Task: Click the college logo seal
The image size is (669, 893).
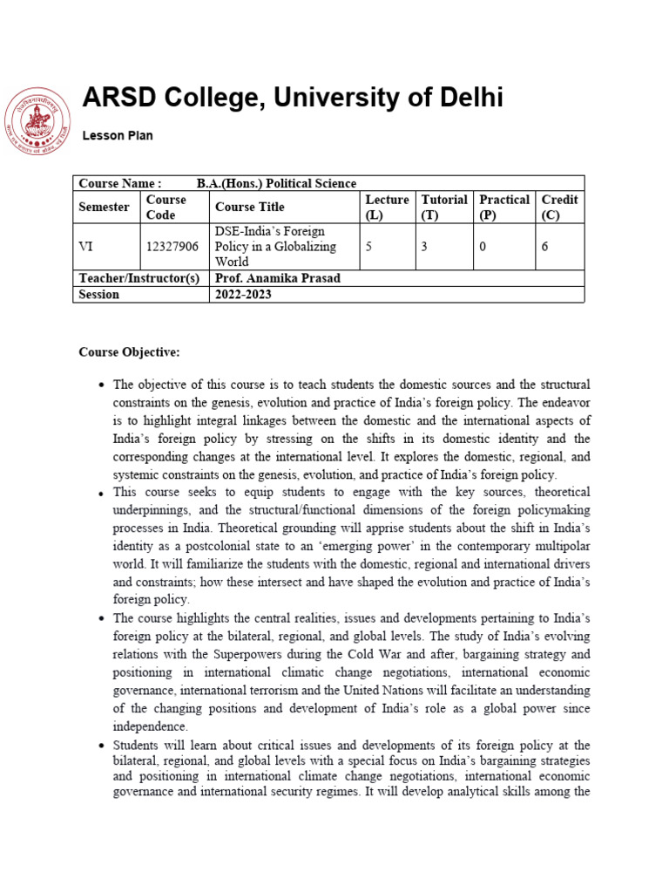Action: pos(37,122)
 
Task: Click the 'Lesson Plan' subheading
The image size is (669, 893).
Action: pos(118,135)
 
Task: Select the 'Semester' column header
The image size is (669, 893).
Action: pos(104,207)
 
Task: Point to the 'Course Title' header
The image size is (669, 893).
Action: pos(249,207)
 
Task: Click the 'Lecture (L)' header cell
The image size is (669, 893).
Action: pos(387,207)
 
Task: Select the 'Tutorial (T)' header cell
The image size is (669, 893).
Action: pos(444,207)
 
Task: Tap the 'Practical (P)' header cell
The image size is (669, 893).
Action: pos(504,207)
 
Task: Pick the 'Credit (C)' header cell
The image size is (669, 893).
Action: pos(559,207)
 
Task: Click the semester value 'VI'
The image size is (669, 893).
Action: pos(85,247)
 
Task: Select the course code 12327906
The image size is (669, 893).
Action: pos(172,247)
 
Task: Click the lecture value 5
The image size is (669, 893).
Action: pos(368,247)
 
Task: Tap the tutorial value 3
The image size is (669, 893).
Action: pos(424,247)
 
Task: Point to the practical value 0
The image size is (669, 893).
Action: pos(483,247)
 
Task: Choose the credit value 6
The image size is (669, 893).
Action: pos(544,247)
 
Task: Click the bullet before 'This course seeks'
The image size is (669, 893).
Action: pos(103,493)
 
